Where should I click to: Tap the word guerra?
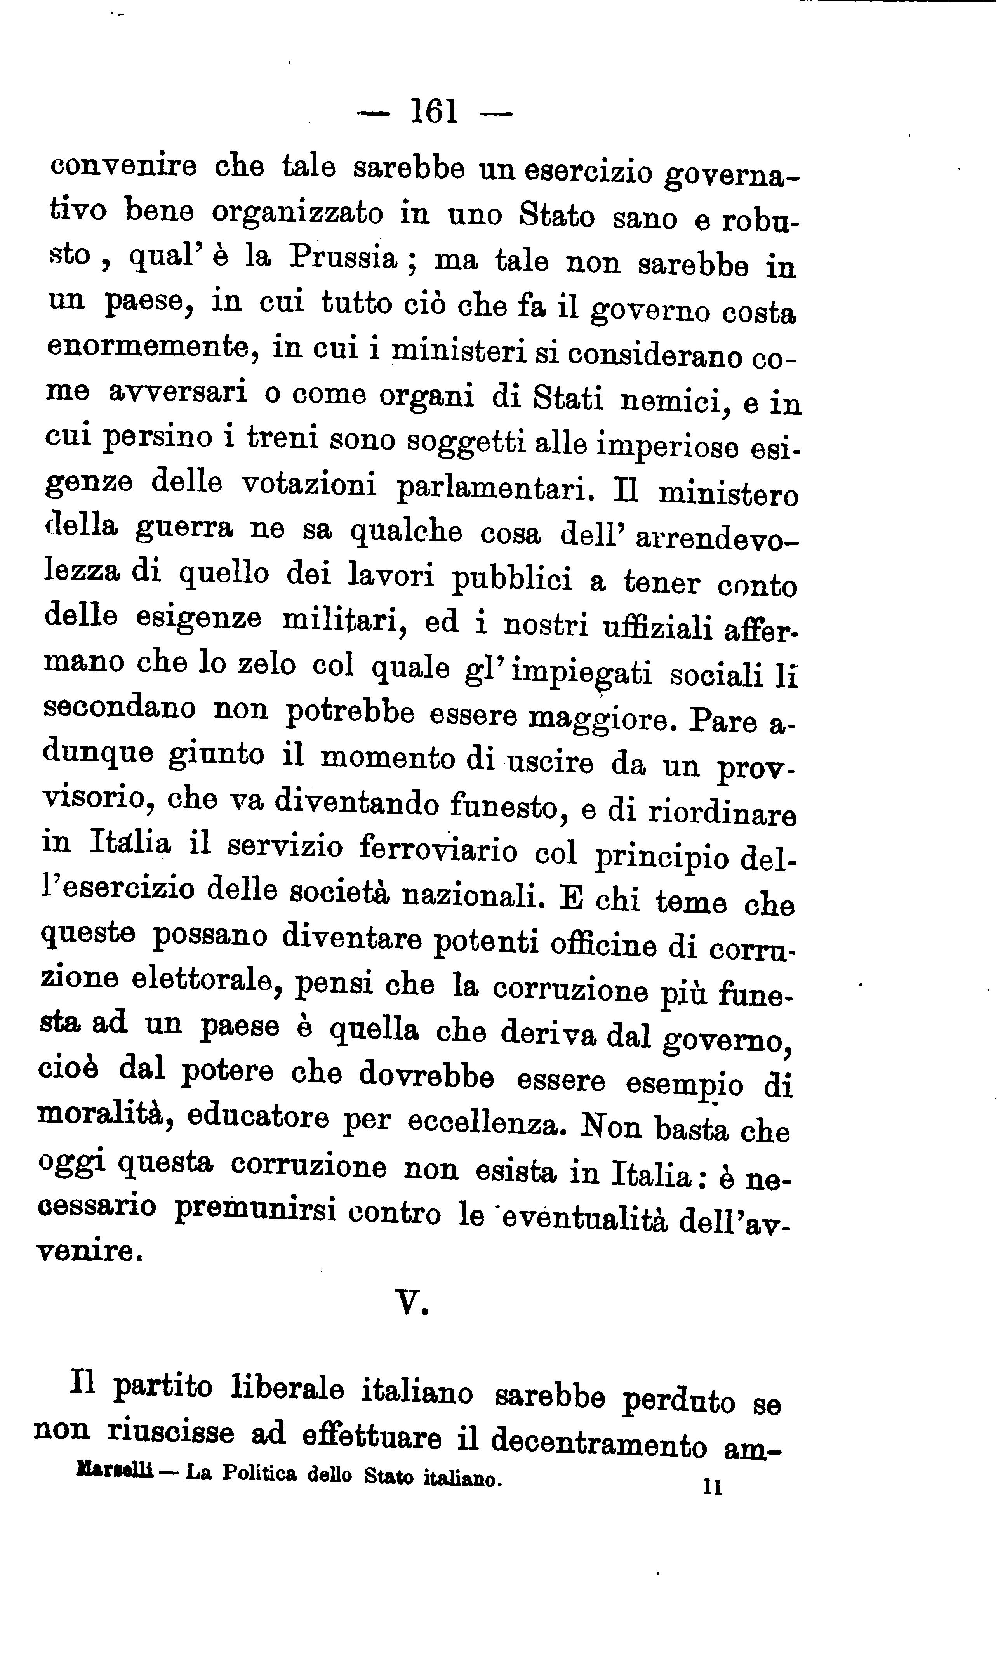point(185,528)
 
